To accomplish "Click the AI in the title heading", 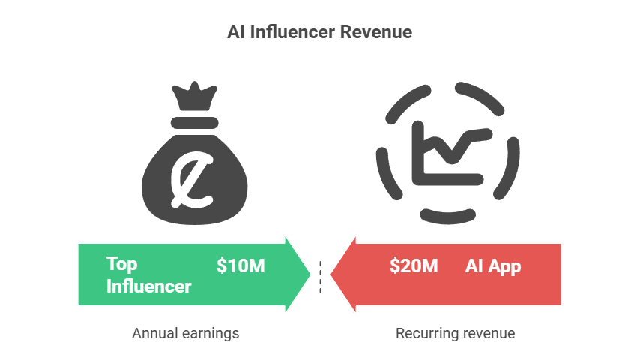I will click(235, 33).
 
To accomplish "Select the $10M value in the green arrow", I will click(241, 265).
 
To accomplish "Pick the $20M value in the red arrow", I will click(414, 265).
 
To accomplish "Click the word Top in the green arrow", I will click(122, 264).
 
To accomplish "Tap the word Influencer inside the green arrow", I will click(148, 286).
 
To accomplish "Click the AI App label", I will click(493, 265).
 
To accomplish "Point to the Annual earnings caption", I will click(185, 332).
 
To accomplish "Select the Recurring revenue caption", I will click(455, 332).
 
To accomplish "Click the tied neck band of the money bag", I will click(194, 121).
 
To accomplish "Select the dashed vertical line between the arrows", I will click(320, 276).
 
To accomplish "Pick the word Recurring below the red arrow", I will click(422, 332).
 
